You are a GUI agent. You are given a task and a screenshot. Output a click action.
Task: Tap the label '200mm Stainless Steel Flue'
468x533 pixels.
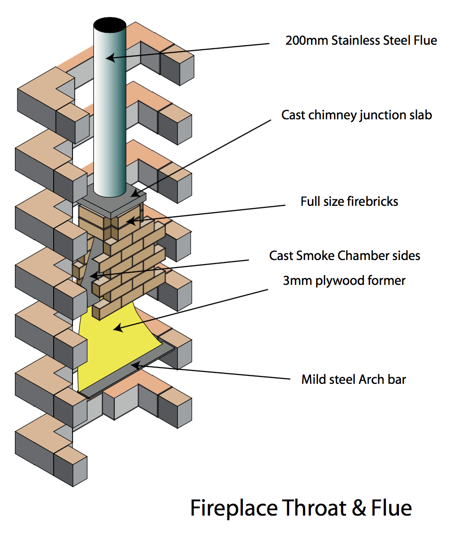coord(361,41)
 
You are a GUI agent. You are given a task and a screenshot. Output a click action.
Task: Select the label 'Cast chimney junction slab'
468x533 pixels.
coord(357,115)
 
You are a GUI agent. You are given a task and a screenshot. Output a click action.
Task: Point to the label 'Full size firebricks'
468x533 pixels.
coord(349,201)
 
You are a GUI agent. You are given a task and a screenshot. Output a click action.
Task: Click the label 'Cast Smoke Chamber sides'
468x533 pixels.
coord(345,256)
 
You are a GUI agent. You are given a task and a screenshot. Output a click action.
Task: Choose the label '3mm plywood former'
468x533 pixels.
coord(344,280)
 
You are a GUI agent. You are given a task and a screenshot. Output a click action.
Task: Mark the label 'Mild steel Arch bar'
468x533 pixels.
coord(354,380)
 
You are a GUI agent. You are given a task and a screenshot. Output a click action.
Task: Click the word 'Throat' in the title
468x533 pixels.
coord(312,508)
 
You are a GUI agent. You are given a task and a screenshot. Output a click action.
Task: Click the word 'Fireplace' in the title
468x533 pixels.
coord(234,508)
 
